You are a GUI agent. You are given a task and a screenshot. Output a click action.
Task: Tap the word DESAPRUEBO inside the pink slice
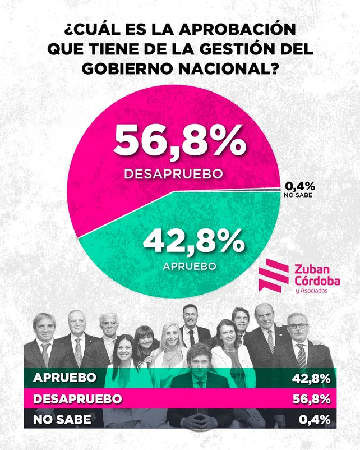[174, 174]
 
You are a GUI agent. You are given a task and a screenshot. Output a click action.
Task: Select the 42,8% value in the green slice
[194, 242]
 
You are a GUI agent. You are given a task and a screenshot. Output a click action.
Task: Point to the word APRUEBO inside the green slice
[189, 265]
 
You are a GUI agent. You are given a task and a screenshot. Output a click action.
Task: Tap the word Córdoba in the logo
[318, 280]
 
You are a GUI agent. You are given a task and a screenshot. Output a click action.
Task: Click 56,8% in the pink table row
[311, 399]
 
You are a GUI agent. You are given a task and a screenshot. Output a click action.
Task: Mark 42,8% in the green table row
[311, 378]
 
